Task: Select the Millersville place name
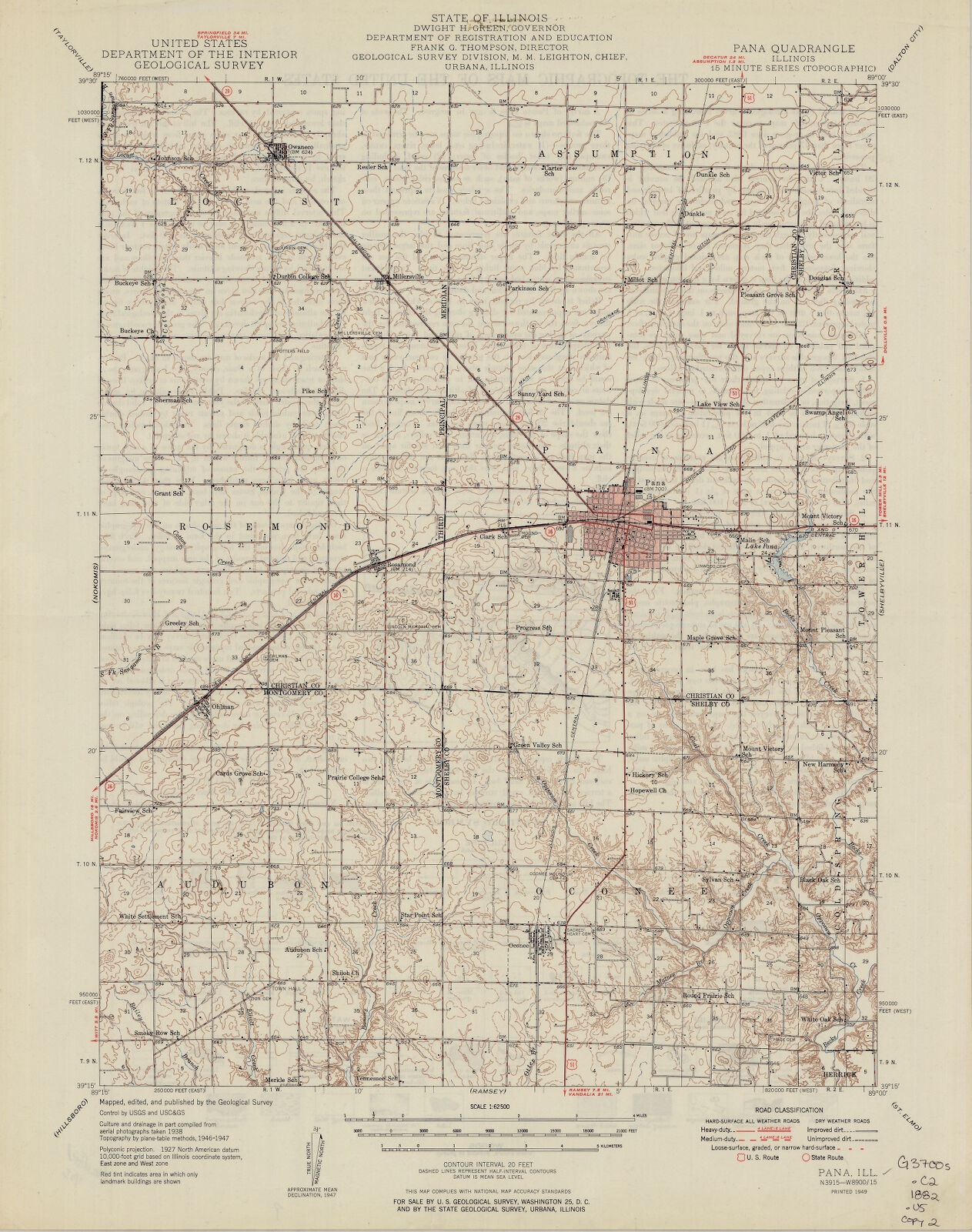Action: click(x=408, y=276)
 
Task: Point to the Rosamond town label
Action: click(x=399, y=564)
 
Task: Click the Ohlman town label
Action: click(x=222, y=706)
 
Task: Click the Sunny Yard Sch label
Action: click(x=540, y=394)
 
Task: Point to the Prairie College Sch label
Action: click(x=355, y=777)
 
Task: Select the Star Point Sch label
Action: click(x=422, y=915)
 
